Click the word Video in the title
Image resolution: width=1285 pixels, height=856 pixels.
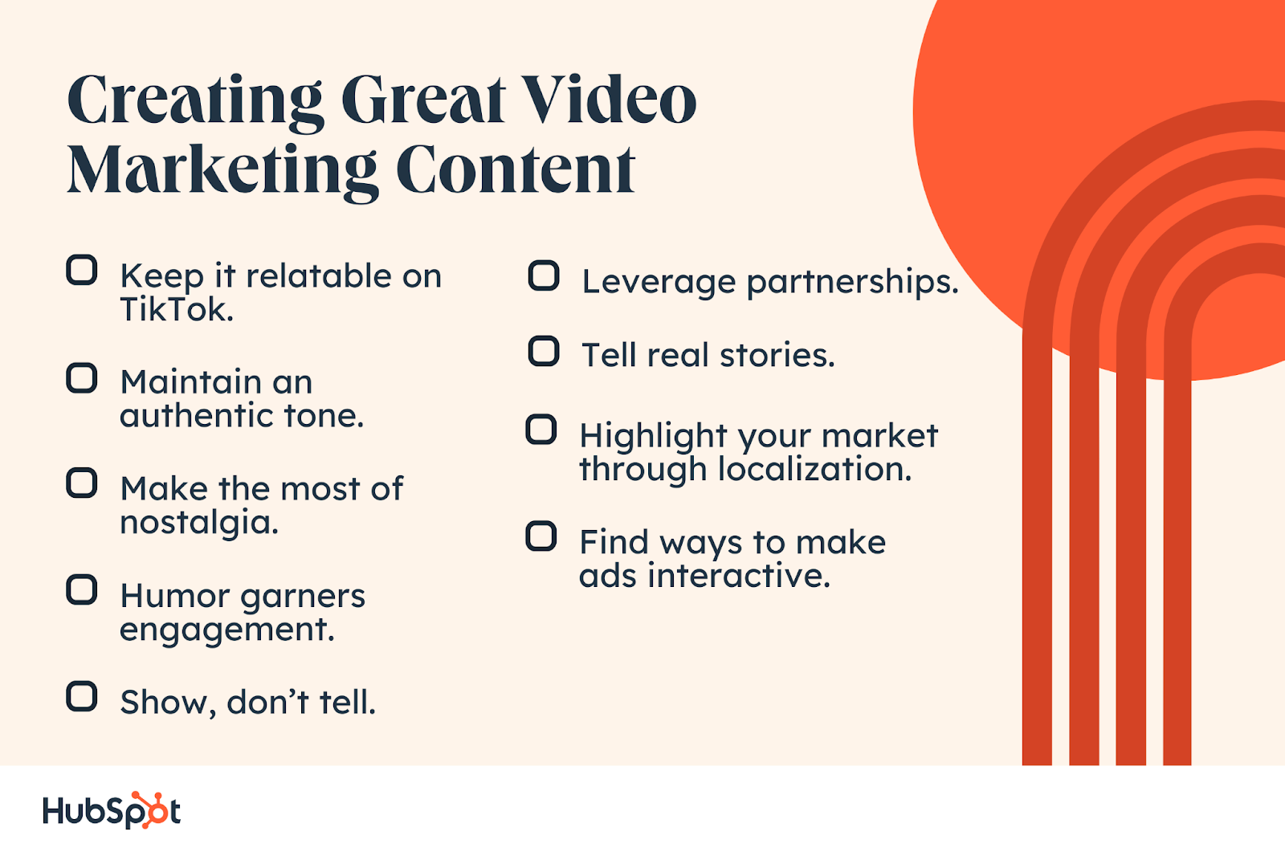[x=609, y=100]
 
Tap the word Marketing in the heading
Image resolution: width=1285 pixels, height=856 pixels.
[x=222, y=171]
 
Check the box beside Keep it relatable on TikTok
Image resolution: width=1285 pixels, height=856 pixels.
[x=81, y=271]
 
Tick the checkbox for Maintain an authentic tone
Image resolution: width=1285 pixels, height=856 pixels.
[x=81, y=378]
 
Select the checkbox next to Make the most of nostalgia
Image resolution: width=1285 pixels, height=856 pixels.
[x=81, y=483]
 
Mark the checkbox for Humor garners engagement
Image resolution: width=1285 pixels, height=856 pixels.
[x=81, y=589]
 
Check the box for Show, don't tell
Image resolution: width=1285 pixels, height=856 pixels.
[x=81, y=696]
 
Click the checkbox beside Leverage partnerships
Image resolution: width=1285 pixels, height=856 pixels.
[x=544, y=275]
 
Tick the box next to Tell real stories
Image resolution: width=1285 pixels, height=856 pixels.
[x=544, y=351]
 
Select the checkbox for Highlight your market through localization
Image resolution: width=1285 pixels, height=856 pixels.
[x=541, y=430]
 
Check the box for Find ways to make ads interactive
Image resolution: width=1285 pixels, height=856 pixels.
[x=541, y=536]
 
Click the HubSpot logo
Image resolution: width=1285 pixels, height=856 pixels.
[x=112, y=810]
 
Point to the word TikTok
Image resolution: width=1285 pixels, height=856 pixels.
[x=177, y=310]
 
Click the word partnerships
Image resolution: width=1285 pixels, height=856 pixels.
[x=852, y=283]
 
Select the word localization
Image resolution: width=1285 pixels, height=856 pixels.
[x=814, y=469]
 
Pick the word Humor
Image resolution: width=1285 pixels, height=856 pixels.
[x=175, y=596]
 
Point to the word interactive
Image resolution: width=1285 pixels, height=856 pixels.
[x=739, y=576]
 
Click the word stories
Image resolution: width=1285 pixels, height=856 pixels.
[x=777, y=356]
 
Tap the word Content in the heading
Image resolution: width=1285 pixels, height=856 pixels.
[x=516, y=169]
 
